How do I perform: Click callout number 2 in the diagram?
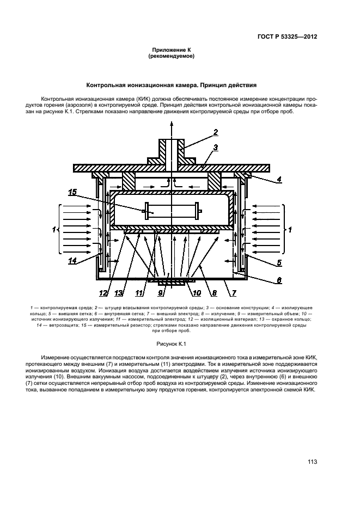click(x=216, y=132)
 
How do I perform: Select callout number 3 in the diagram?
click(x=216, y=148)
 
